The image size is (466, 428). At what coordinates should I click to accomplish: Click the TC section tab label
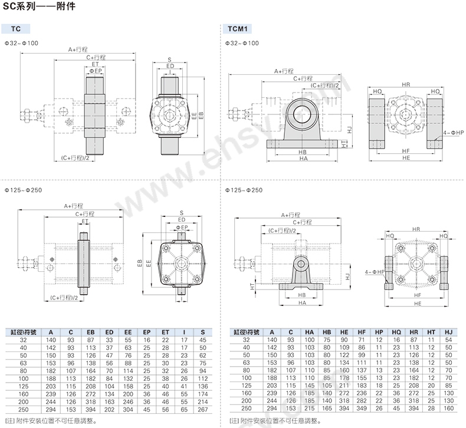coord(16,29)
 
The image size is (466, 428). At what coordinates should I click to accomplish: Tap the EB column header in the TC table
coord(90,332)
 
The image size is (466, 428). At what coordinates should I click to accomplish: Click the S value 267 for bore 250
coord(202,408)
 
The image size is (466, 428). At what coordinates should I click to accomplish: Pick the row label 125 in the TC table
coord(24,385)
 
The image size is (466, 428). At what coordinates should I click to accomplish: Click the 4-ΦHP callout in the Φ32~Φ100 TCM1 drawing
coord(452,133)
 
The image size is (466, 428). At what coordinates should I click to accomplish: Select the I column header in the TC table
coord(184,332)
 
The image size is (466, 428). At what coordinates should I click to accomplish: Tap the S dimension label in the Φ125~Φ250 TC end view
coord(181,212)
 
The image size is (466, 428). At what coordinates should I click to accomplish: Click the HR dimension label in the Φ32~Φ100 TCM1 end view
coord(406,85)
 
